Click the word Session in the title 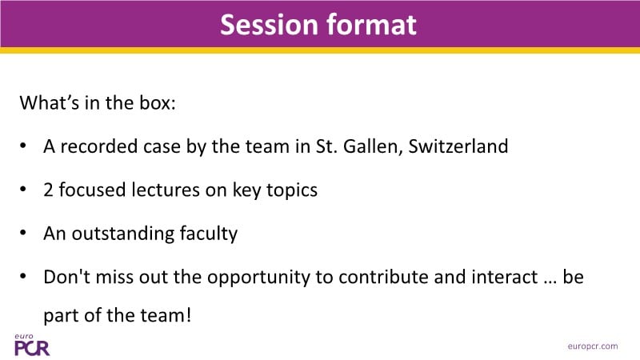click(x=269, y=25)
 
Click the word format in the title click(x=371, y=25)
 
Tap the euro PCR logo click(x=32, y=345)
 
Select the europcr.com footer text click(x=593, y=346)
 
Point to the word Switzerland click(x=458, y=146)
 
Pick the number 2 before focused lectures click(x=48, y=190)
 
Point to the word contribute click(x=383, y=277)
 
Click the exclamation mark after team click(x=189, y=315)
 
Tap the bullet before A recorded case click(x=23, y=146)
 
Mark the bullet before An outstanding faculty click(x=23, y=233)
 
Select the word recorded click(x=99, y=146)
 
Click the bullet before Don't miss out click(x=23, y=276)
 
